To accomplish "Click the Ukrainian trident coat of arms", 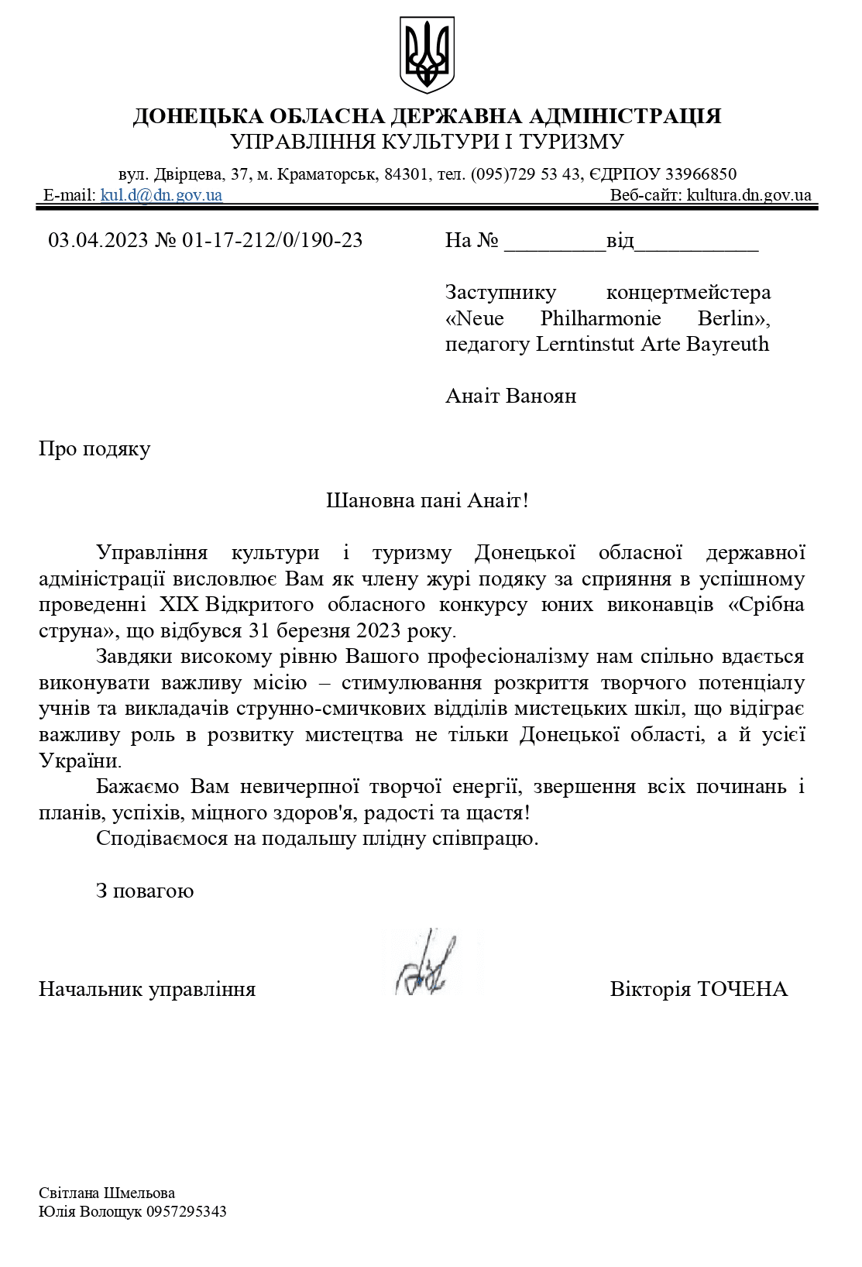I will (x=427, y=56).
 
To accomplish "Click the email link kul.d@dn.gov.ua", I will (x=161, y=195).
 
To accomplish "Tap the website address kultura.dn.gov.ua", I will (x=749, y=195).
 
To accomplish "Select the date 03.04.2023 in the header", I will (x=98, y=240).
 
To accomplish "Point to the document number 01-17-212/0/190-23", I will (x=273, y=240).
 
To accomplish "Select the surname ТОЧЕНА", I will (x=743, y=989).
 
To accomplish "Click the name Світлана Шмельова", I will (x=107, y=1193).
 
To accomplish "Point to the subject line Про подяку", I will (x=94, y=449).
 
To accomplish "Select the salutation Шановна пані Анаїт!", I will (x=427, y=500).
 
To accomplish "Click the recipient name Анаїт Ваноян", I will (x=510, y=397).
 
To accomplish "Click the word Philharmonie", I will (x=600, y=318).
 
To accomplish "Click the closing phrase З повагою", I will (x=145, y=891).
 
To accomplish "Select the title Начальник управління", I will (x=147, y=989).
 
